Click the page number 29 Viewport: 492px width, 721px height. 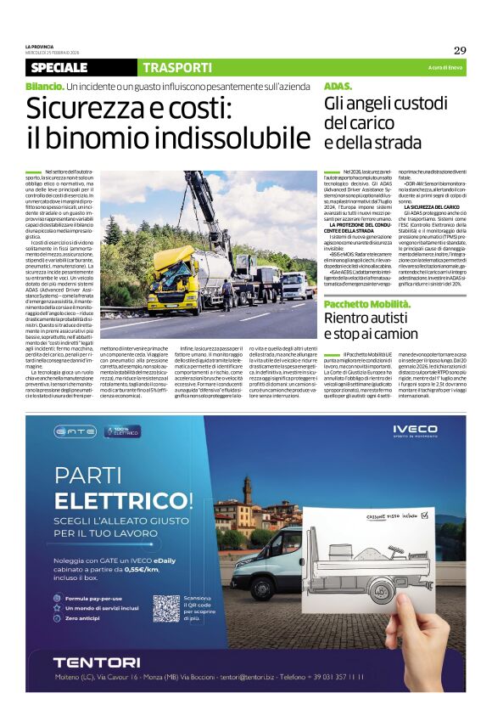[x=459, y=49]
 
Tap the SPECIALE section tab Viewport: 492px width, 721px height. [x=59, y=67]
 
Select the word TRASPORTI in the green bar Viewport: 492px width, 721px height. [x=177, y=67]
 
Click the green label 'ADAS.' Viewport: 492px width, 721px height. [x=338, y=87]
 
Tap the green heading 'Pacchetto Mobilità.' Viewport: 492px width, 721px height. [x=365, y=303]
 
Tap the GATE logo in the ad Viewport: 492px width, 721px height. [x=76, y=431]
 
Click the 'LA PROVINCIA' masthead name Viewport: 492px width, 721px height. [x=39, y=46]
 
